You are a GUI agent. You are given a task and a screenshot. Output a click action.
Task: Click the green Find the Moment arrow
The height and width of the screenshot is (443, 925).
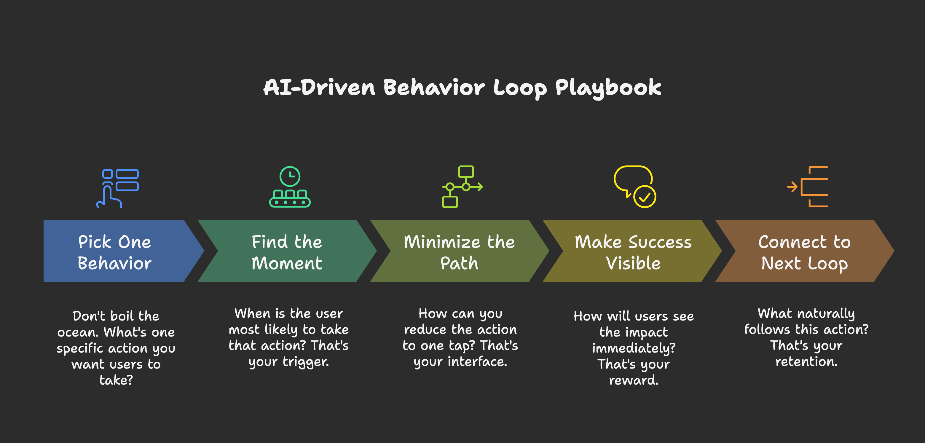point(287,251)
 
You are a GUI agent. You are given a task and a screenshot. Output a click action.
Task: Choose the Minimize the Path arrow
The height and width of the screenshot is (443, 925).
point(459,251)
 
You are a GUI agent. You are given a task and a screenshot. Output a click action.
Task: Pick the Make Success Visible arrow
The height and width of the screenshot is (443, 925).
point(633,251)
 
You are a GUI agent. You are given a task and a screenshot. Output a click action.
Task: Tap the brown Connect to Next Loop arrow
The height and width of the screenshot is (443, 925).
point(804,251)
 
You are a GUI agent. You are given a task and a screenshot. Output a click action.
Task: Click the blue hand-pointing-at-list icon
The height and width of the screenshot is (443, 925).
point(117,188)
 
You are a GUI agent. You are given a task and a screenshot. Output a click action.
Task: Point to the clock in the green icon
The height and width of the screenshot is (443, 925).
point(290,176)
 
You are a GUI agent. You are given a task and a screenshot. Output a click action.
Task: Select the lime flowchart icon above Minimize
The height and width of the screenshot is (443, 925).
point(462,187)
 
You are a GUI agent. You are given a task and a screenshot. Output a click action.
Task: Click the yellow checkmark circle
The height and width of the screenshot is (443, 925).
point(645,196)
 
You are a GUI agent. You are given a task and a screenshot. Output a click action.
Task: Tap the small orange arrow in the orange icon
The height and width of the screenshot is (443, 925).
point(792,187)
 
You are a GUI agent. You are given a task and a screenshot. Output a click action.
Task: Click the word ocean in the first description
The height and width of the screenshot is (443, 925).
point(78,332)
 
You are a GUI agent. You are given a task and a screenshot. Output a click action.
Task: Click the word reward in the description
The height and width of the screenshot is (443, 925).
point(634,380)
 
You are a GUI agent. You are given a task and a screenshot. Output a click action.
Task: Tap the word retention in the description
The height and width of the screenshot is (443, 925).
point(806,362)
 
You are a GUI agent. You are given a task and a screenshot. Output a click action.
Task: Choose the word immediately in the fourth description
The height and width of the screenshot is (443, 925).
point(634,348)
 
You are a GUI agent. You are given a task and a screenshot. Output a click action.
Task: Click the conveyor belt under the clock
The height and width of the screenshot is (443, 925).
point(290,202)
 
